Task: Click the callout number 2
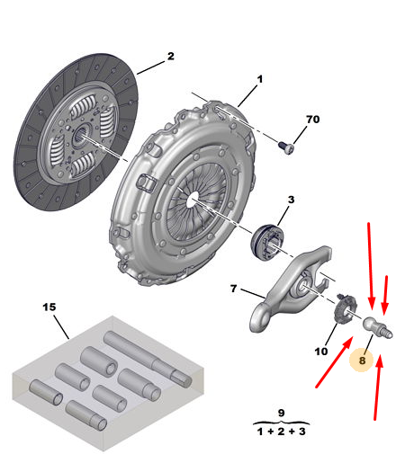click(x=170, y=56)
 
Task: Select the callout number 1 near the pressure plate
click(x=260, y=79)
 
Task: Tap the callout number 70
click(x=312, y=120)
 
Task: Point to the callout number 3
click(x=291, y=200)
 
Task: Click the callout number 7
click(x=234, y=289)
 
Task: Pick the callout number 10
click(x=321, y=351)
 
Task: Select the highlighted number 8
click(x=362, y=361)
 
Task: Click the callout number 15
click(x=49, y=307)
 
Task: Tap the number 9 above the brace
click(x=281, y=413)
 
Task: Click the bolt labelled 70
click(x=286, y=148)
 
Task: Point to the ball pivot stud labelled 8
click(x=377, y=327)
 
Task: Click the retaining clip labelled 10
click(x=345, y=308)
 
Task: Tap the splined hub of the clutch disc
click(x=81, y=134)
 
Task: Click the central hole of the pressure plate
click(x=192, y=200)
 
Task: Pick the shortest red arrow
click(x=385, y=295)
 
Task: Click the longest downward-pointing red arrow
click(x=371, y=265)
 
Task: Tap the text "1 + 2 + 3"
click(x=281, y=432)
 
